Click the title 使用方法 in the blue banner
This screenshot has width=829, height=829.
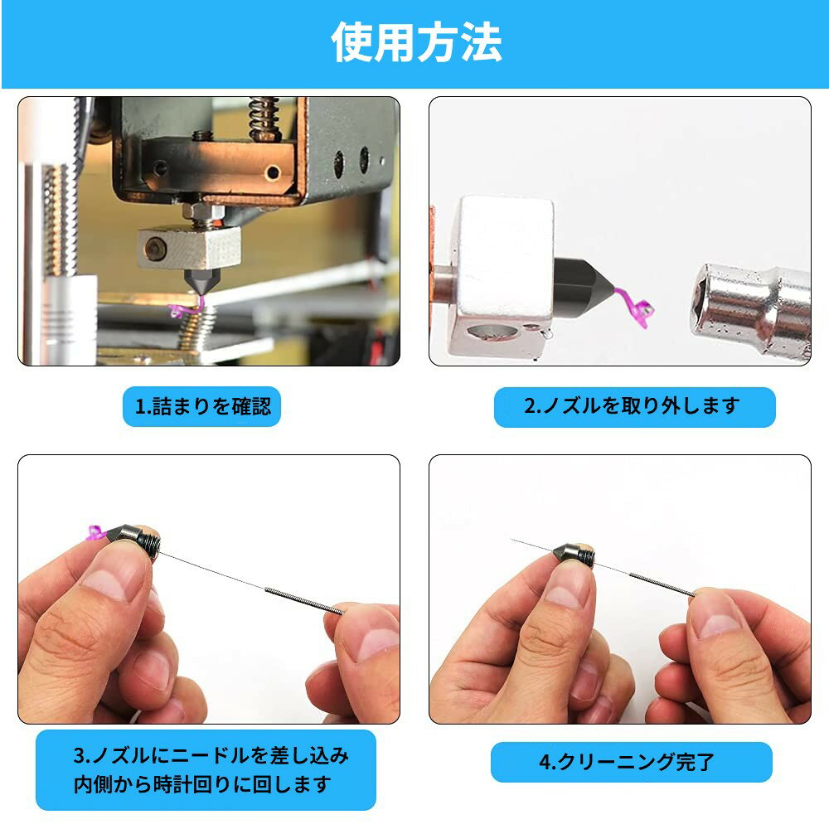416,42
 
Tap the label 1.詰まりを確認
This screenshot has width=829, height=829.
202,407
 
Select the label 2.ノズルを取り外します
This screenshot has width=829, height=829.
634,406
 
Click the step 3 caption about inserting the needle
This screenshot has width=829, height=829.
206,769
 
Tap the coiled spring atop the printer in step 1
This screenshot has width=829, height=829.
264,116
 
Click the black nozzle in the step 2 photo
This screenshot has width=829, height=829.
584,283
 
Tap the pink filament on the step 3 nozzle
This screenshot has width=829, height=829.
95,533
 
